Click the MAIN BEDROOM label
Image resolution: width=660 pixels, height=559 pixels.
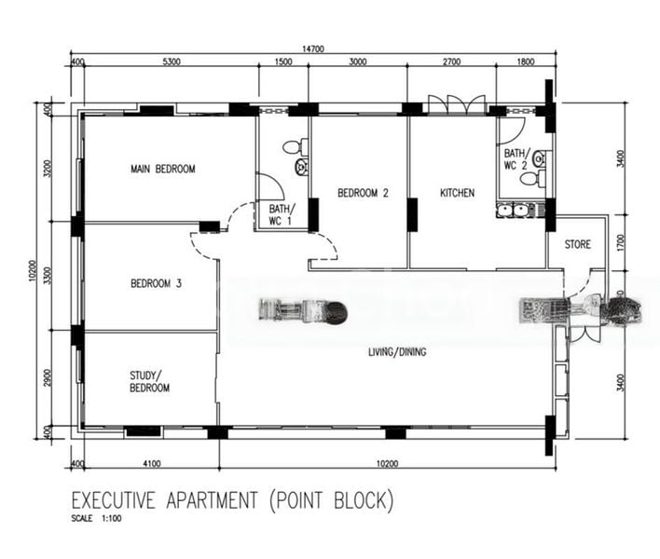click(162, 169)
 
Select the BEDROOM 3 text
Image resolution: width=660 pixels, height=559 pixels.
click(156, 283)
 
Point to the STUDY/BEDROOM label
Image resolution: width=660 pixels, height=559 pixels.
click(149, 382)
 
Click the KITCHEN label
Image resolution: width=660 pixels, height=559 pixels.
click(457, 193)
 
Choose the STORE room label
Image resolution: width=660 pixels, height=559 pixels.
click(577, 245)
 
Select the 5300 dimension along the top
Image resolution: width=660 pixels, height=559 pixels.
click(171, 62)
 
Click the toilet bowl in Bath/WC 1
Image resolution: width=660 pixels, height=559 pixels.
click(293, 146)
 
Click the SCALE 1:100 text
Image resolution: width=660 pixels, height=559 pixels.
click(96, 519)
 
